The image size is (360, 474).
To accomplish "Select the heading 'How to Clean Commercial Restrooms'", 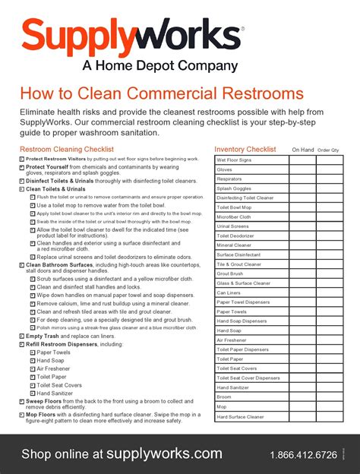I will [162, 94].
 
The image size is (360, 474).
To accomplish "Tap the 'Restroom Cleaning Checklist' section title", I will [67, 150].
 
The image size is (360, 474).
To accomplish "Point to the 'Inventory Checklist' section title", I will [245, 150].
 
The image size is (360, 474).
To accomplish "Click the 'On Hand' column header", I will [302, 150].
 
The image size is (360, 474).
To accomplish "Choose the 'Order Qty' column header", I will [329, 150].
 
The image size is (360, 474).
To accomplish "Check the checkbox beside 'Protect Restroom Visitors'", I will [21, 159].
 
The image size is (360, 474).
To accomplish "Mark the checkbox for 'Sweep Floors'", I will [21, 400].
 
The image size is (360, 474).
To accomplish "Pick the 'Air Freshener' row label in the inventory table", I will [232, 340].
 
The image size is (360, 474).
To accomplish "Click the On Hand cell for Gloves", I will [302, 170].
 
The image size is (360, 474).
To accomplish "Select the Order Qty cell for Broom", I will [330, 397].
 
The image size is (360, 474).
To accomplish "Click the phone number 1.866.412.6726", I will [303, 455].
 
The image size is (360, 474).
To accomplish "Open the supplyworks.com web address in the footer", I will [164, 453].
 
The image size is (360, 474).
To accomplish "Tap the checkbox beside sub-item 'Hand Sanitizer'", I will [33, 393].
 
